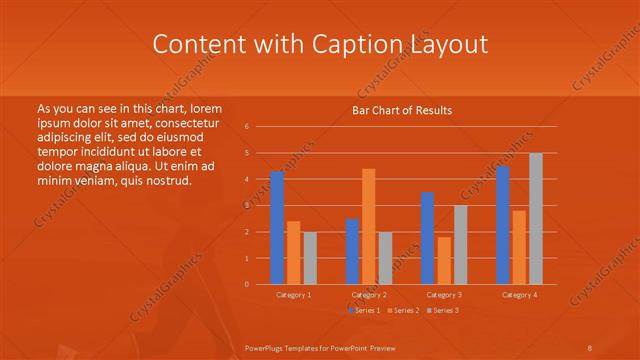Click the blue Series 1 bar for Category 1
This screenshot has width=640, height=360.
277,228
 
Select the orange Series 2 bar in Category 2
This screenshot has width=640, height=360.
369,226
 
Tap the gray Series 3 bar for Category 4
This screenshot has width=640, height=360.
536,218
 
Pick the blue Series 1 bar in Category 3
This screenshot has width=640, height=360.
427,238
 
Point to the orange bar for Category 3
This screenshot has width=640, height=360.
444,260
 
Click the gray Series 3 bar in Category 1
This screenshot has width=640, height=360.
310,258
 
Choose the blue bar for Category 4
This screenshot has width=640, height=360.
503,225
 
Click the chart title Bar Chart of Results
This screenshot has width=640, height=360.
402,110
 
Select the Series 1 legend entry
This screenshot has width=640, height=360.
365,311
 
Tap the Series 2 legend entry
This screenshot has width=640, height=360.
402,311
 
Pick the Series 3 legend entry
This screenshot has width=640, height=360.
441,311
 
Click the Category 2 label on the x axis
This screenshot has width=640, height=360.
369,295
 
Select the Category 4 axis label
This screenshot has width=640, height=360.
519,295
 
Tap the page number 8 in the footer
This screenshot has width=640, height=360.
590,347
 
